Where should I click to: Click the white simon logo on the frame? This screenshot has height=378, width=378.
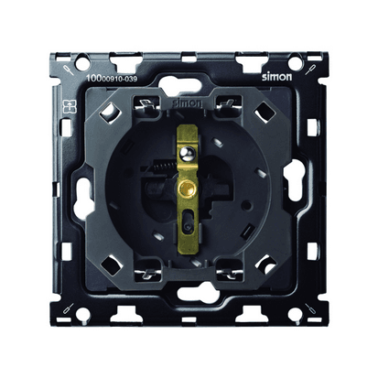(x=276, y=77)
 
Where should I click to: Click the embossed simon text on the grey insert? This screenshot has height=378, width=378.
(x=187, y=103)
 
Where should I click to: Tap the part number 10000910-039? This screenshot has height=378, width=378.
(x=112, y=79)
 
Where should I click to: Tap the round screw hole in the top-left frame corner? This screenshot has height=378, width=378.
(x=81, y=62)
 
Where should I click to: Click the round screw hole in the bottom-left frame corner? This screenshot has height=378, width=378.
(x=81, y=313)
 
